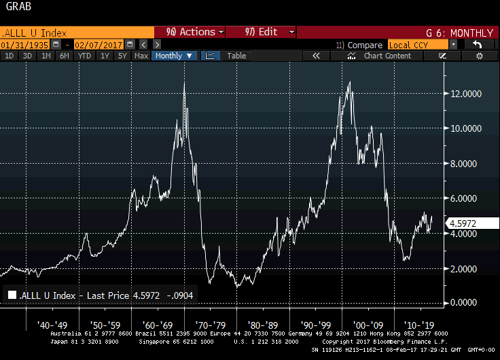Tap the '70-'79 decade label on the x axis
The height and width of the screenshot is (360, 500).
210,324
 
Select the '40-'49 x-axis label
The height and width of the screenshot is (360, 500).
52,324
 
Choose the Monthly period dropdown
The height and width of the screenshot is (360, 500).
175,56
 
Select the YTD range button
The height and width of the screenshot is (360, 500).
84,56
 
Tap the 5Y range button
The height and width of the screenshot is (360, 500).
122,56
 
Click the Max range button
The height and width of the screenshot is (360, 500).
141,56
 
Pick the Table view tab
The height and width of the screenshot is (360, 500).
236,56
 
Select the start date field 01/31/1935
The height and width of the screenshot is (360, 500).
25,44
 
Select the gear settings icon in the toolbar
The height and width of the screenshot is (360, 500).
479,56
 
